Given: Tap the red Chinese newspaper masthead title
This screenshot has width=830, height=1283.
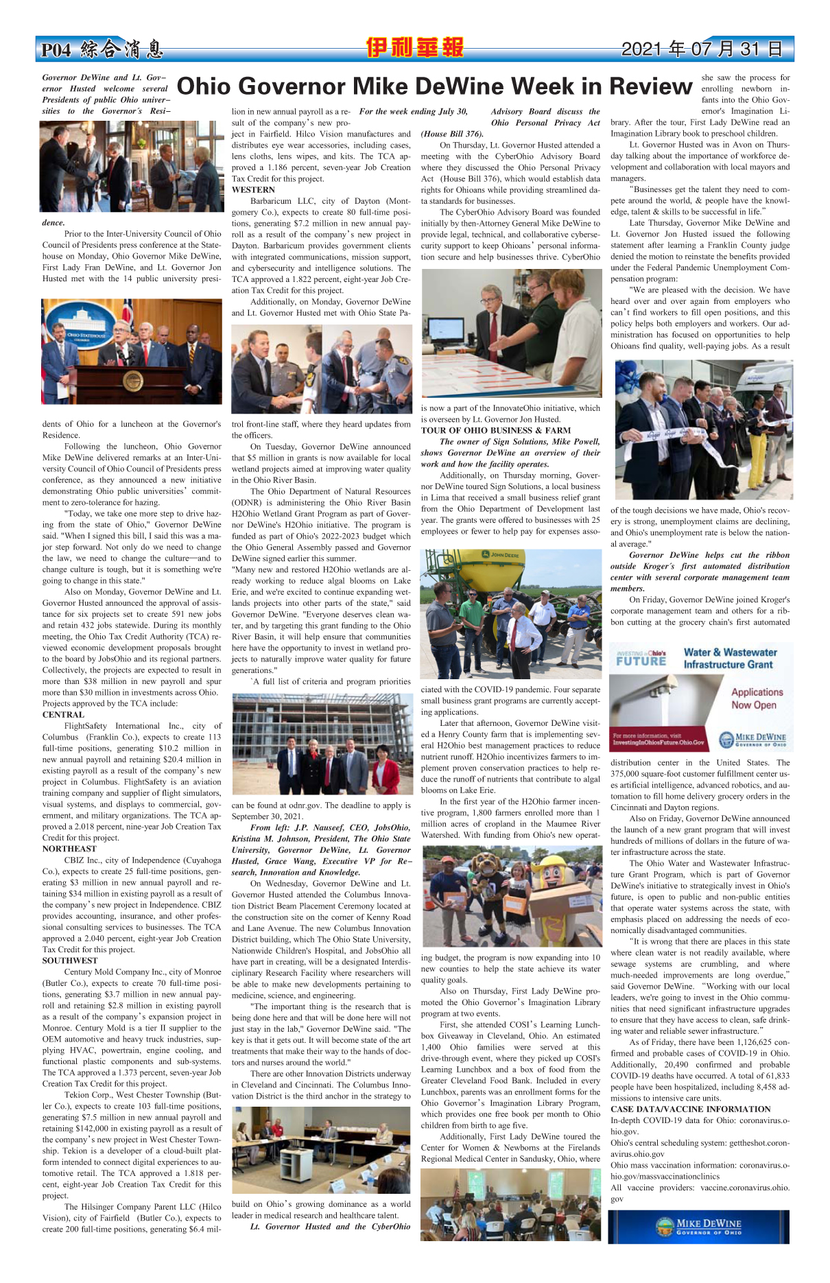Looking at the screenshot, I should [x=414, y=48].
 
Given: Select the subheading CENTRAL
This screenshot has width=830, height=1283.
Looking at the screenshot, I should [x=63, y=714].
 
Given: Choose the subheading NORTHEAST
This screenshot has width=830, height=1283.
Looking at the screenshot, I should [x=69, y=849].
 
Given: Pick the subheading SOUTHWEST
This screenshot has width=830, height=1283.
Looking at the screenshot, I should [x=70, y=961].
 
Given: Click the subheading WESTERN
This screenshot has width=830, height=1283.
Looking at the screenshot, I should [x=253, y=189].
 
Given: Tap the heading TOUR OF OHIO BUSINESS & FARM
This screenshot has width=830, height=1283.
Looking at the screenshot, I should [x=495, y=430].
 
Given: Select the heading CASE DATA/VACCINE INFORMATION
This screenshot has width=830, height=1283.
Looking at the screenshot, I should [x=690, y=1109].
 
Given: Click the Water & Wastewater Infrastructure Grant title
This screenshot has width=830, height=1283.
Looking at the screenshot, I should [x=730, y=659].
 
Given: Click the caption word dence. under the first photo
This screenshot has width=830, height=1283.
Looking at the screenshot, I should [x=54, y=223].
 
